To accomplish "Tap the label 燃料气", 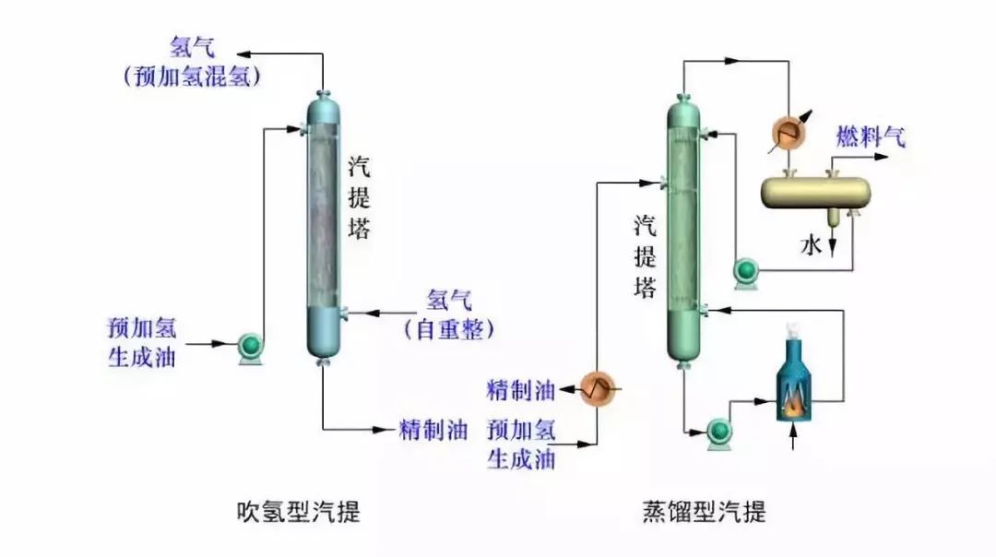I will tap(871, 139).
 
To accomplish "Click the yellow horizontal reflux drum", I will tap(816, 192).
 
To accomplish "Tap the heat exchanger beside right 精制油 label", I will tap(597, 389).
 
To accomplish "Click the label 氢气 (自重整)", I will tap(449, 314).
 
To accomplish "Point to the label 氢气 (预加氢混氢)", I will tap(193, 61).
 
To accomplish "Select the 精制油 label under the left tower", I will tap(433, 430).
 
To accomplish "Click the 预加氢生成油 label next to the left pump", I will tap(142, 342).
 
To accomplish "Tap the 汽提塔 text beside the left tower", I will tap(360, 197).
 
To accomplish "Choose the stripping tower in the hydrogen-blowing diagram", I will tap(323, 226).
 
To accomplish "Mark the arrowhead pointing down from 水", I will tap(833, 252).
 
